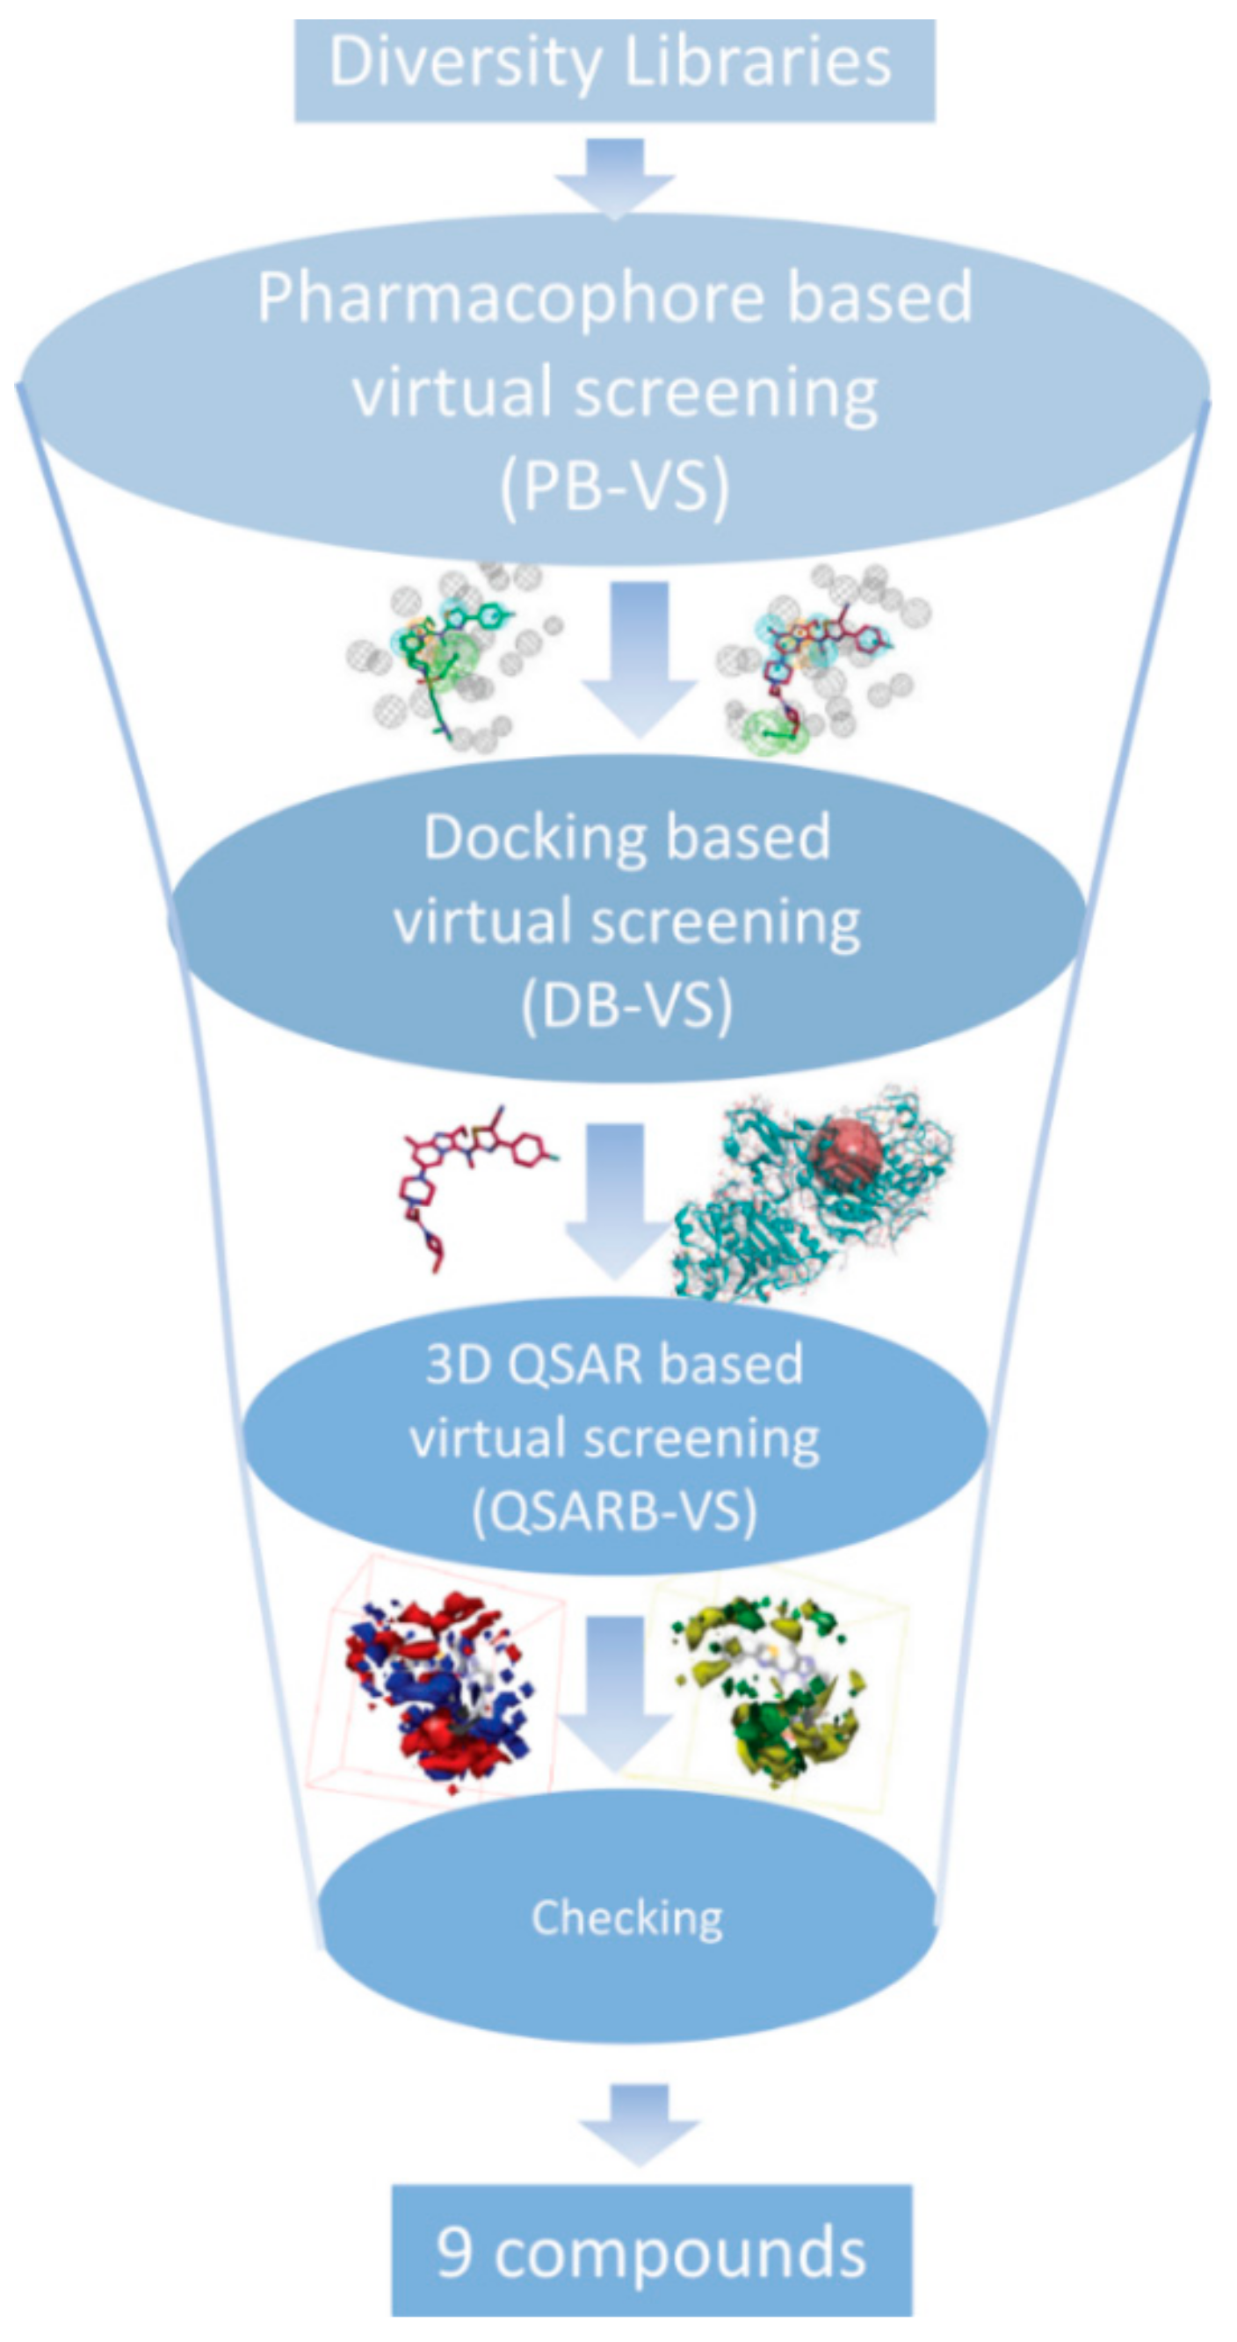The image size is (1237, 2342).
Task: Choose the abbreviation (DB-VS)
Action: (x=627, y=1006)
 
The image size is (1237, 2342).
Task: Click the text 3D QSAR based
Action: (x=614, y=1364)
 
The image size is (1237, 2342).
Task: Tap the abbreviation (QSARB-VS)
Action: (x=614, y=1511)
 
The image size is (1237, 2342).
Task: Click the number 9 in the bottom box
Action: (x=454, y=2252)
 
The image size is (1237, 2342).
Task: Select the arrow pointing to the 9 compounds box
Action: (x=639, y=2123)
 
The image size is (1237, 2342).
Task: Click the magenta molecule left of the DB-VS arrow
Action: (x=464, y=1182)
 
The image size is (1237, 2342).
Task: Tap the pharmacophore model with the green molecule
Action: (x=450, y=655)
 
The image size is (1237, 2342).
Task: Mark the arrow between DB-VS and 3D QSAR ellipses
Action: (x=618, y=1200)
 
